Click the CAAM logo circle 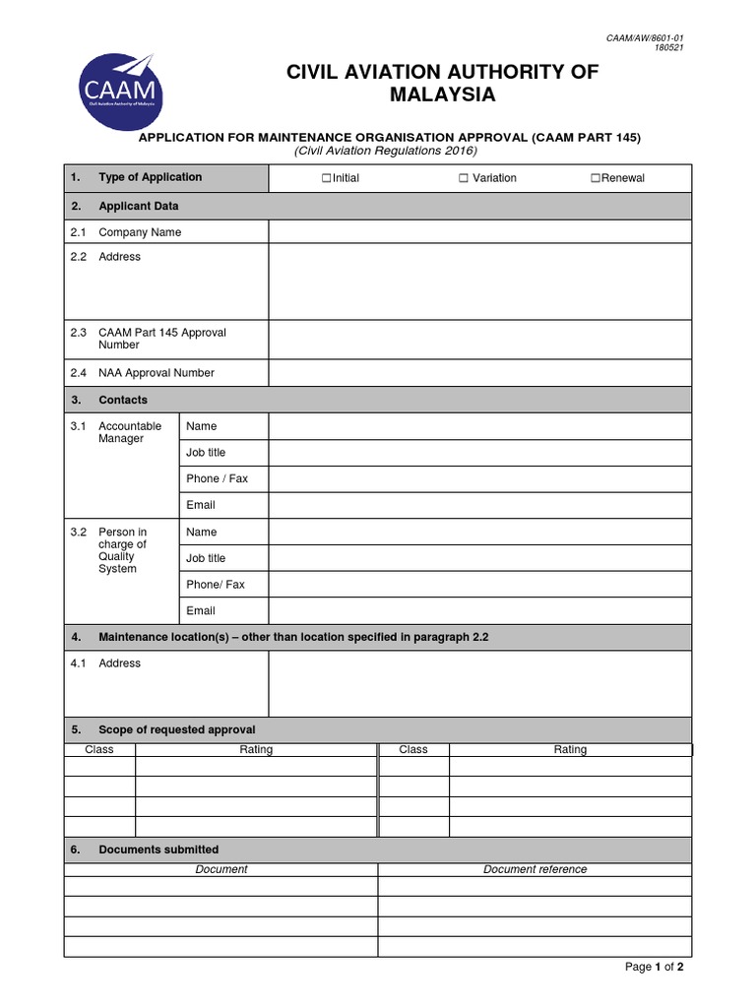(121, 93)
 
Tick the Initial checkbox (326, 178)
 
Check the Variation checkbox (463, 178)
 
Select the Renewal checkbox (595, 178)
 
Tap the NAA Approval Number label (156, 373)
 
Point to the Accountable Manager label (129, 432)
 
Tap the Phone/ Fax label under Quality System (216, 585)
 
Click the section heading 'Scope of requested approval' (176, 729)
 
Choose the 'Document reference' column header (535, 869)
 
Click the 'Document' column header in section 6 (221, 869)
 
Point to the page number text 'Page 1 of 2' (654, 967)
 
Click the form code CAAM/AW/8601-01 (644, 37)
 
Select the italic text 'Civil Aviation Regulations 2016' (386, 151)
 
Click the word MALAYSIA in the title (442, 95)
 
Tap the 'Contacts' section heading (123, 400)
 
